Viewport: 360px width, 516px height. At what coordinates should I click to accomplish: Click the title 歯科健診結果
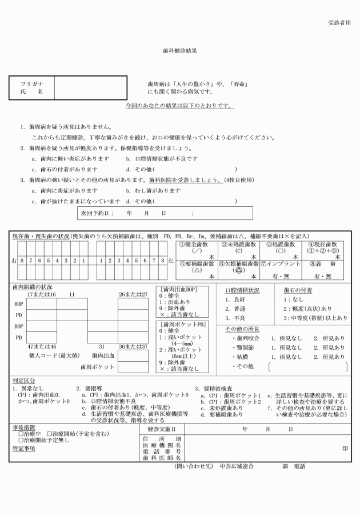point(180,50)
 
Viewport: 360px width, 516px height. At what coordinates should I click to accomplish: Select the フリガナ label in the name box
point(31,83)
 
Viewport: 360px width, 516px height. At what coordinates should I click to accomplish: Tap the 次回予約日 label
point(97,213)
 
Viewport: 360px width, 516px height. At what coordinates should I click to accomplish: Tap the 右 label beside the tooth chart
point(14,261)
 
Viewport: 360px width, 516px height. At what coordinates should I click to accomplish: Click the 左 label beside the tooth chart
point(171,261)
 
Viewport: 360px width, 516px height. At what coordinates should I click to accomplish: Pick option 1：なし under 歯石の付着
point(297,299)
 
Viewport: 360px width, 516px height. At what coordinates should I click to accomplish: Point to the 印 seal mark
point(345,448)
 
